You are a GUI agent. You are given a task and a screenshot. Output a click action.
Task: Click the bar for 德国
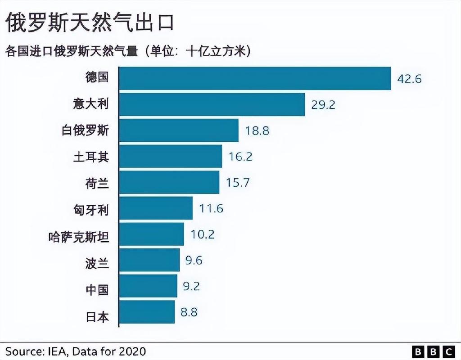pyautogui.click(x=255, y=78)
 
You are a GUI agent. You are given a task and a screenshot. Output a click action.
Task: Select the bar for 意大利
pyautogui.click(x=212, y=104)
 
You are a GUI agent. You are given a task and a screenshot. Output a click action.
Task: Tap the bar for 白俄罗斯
pyautogui.click(x=179, y=130)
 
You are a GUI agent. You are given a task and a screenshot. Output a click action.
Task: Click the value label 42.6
pyautogui.click(x=409, y=79)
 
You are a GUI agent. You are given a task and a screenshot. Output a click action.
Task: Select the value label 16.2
pyautogui.click(x=240, y=157)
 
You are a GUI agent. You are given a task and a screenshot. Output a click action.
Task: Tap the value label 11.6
pyautogui.click(x=211, y=208)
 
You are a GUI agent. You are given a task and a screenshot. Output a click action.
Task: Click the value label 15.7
pyautogui.click(x=237, y=183)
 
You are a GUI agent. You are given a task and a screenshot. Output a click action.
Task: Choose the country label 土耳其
pyautogui.click(x=91, y=157)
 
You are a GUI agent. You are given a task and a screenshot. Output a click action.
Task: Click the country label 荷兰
pyautogui.click(x=97, y=183)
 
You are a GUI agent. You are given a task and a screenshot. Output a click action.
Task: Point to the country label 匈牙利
pyautogui.click(x=91, y=209)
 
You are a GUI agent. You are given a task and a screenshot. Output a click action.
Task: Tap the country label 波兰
pyautogui.click(x=97, y=261)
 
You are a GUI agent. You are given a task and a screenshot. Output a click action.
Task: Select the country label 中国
pyautogui.click(x=97, y=287)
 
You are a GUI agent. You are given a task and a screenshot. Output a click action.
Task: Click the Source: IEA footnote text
pyautogui.click(x=76, y=351)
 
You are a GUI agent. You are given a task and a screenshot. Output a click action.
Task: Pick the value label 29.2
pyautogui.click(x=323, y=105)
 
